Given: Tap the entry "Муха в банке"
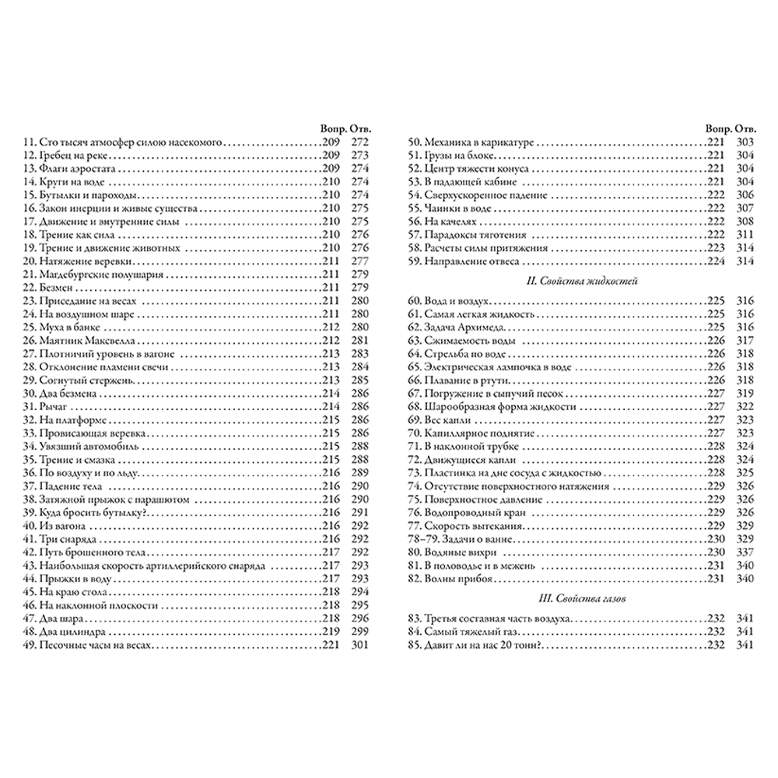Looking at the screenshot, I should click(x=56, y=327).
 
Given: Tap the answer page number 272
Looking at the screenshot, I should click(x=359, y=144).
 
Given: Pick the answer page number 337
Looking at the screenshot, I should click(x=745, y=552).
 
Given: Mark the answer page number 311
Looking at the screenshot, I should click(x=745, y=234).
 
